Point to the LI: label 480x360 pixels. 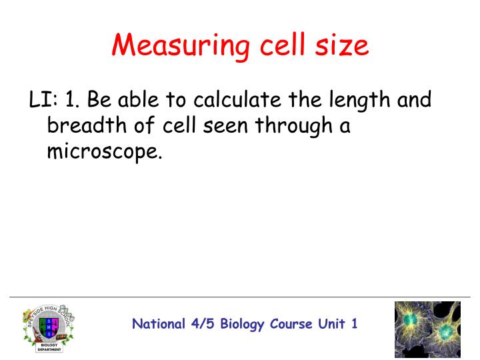[42, 101]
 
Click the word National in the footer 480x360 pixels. [158, 324]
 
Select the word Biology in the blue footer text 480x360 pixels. [238, 325]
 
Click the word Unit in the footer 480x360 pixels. [330, 324]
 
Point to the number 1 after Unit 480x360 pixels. [354, 324]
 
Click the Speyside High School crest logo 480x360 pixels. [48, 324]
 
